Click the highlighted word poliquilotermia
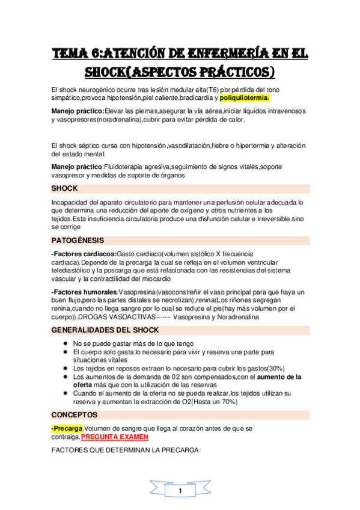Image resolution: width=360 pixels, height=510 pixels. pyautogui.click(x=245, y=98)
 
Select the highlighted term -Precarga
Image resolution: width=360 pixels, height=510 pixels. pyautogui.click(x=67, y=428)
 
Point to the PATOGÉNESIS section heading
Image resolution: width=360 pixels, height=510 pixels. pyautogui.click(x=78, y=241)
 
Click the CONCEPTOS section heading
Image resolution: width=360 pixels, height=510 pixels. pyautogui.click(x=75, y=415)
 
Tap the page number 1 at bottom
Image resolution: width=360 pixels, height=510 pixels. pyautogui.click(x=180, y=492)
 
